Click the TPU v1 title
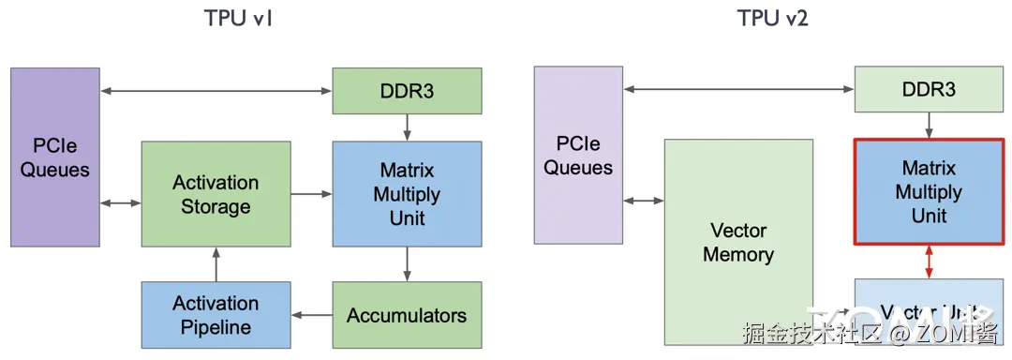click(x=238, y=19)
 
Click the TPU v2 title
click(x=772, y=19)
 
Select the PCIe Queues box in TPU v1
click(x=55, y=157)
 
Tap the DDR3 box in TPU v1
click(x=407, y=91)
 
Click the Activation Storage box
click(x=216, y=194)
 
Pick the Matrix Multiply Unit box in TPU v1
click(x=407, y=194)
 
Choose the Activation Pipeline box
click(x=216, y=315)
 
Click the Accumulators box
click(x=407, y=315)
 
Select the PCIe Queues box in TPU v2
click(x=578, y=155)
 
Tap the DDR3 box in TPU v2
click(x=929, y=90)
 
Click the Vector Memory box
click(x=738, y=242)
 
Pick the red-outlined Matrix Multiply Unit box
click(x=929, y=191)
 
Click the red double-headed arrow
click(x=929, y=262)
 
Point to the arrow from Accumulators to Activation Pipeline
click(x=311, y=315)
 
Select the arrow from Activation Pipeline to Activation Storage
click(x=216, y=264)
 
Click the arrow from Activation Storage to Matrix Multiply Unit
click(x=311, y=194)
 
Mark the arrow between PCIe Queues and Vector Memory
click(x=644, y=201)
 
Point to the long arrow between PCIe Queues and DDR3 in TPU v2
click(x=738, y=90)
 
